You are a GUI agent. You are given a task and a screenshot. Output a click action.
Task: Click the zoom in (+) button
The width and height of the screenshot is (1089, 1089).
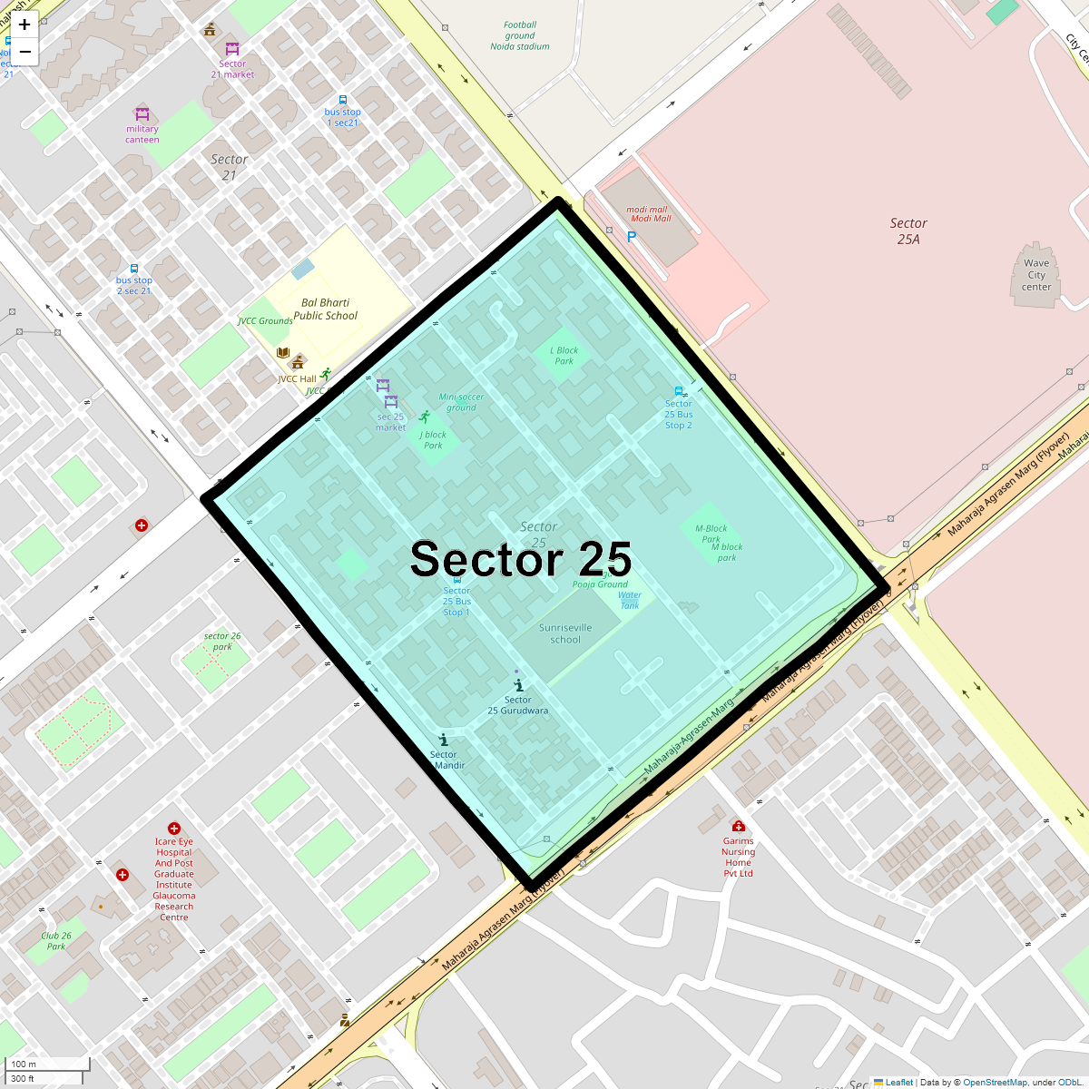[x=25, y=25]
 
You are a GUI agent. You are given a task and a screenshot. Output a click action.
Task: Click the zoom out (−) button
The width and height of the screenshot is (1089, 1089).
[x=25, y=52]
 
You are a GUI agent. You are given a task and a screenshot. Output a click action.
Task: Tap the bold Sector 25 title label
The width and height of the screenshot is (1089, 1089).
[x=520, y=559]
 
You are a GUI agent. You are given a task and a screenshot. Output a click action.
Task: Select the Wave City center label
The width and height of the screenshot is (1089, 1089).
[x=1036, y=275]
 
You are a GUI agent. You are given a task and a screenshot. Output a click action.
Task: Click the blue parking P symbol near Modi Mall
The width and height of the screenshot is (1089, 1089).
[x=632, y=237]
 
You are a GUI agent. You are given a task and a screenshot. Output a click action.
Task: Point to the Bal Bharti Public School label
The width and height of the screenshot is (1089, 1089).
[x=325, y=309]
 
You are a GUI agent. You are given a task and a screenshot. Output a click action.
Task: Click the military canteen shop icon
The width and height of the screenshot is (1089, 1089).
[x=142, y=114]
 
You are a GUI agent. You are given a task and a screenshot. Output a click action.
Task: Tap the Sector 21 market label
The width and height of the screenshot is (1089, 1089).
[x=232, y=69]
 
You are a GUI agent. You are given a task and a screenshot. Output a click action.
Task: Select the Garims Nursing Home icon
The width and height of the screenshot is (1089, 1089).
[x=739, y=826]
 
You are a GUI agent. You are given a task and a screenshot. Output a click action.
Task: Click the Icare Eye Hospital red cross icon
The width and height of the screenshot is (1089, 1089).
[x=174, y=829]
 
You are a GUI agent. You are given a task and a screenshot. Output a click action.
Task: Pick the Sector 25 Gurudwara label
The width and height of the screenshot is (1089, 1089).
[x=517, y=705]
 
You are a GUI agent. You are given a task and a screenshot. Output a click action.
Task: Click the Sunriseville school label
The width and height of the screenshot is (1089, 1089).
[x=565, y=633]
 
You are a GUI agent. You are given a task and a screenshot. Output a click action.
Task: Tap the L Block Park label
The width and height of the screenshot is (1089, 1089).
[x=564, y=356]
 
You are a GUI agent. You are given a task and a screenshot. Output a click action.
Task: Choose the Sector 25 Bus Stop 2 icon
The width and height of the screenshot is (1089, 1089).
[x=679, y=392]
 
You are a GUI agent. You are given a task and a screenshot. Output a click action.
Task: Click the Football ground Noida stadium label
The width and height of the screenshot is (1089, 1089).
[x=520, y=36]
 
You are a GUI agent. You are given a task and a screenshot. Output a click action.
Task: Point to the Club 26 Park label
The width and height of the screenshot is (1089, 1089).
[x=56, y=941]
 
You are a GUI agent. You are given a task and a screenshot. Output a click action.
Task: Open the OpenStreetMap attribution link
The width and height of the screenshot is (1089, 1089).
[x=995, y=1082]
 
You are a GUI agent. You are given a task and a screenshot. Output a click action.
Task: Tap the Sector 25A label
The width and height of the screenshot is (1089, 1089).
[x=908, y=231]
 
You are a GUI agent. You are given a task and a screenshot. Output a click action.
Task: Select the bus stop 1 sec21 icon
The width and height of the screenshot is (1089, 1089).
[x=343, y=101]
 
